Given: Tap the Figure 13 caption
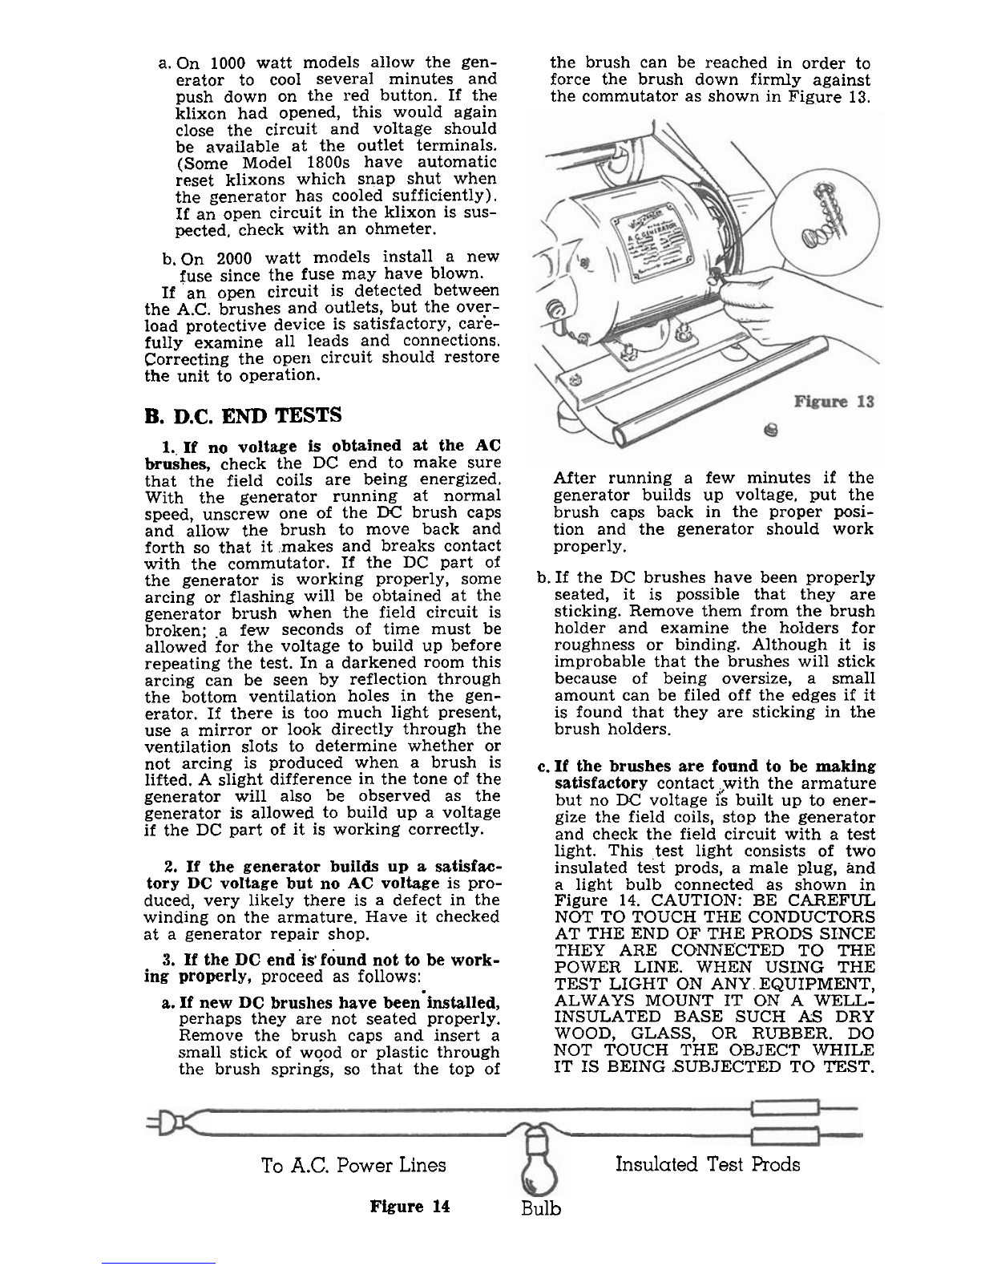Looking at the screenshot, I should pos(834,402).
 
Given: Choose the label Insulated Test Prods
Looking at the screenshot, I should pos(708,1163).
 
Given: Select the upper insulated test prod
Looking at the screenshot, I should pos(785,1109).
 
